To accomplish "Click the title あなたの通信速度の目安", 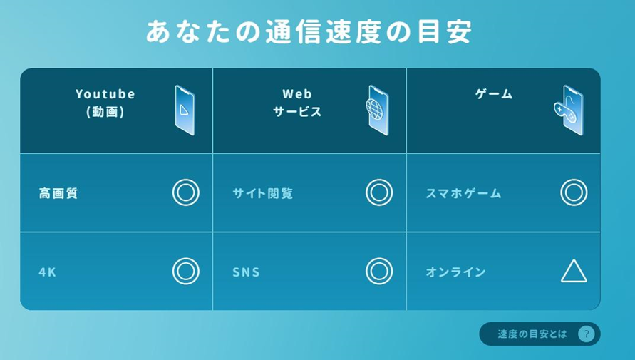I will coord(309,31).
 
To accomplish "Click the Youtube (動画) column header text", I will coord(105,103).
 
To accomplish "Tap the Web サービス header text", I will coord(297,103).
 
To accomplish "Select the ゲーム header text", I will coord(494,94).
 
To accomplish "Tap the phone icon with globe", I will coord(378,110).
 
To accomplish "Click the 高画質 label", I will coord(58,193).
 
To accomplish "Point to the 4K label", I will coord(47,272).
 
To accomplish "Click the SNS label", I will coord(246,272).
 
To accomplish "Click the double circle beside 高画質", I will coord(185,192).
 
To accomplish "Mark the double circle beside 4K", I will coord(185,271).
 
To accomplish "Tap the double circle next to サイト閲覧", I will coord(379,192).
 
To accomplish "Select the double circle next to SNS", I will coord(379,271).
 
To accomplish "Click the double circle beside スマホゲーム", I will coord(573,192).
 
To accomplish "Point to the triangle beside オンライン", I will coord(573,272).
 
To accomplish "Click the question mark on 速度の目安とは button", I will coord(585,334).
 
